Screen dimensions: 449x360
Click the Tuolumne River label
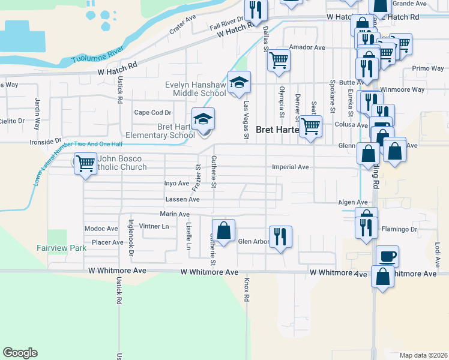[98, 52]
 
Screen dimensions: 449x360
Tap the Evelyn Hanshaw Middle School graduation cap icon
[238, 83]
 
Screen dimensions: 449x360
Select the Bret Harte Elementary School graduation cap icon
[203, 119]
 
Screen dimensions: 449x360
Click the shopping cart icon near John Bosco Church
[86, 162]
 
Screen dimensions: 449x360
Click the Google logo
[20, 353]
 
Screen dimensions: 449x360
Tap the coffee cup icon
[387, 256]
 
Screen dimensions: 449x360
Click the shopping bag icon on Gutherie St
[223, 230]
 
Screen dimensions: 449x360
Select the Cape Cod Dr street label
[152, 112]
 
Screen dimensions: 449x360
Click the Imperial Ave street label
[290, 167]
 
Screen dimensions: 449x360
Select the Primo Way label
[427, 68]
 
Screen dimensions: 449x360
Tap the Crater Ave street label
[182, 26]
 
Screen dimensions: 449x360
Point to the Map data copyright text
[423, 355]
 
